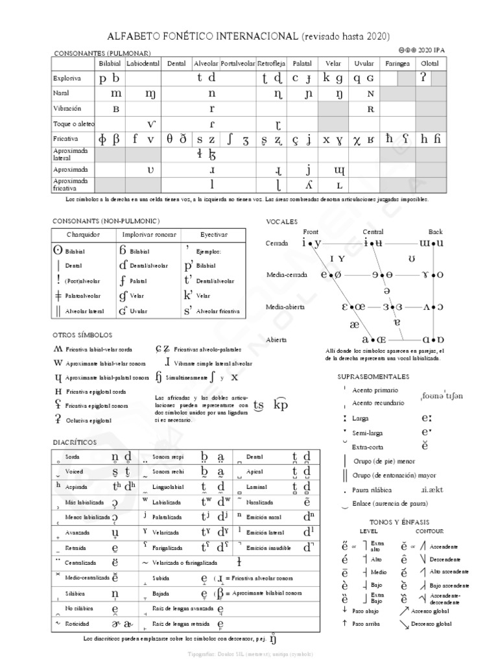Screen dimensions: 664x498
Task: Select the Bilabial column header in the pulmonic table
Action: pyautogui.click(x=109, y=64)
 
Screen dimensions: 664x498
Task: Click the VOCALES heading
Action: pyautogui.click(x=281, y=221)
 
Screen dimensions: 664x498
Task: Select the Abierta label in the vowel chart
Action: pyautogui.click(x=279, y=339)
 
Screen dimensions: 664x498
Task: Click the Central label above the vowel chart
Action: pyautogui.click(x=373, y=231)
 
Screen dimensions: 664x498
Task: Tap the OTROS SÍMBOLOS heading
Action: pyautogui.click(x=82, y=335)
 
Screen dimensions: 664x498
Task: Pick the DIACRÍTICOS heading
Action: pyautogui.click(x=74, y=442)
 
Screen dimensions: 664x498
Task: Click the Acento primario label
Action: pyautogui.click(x=375, y=390)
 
